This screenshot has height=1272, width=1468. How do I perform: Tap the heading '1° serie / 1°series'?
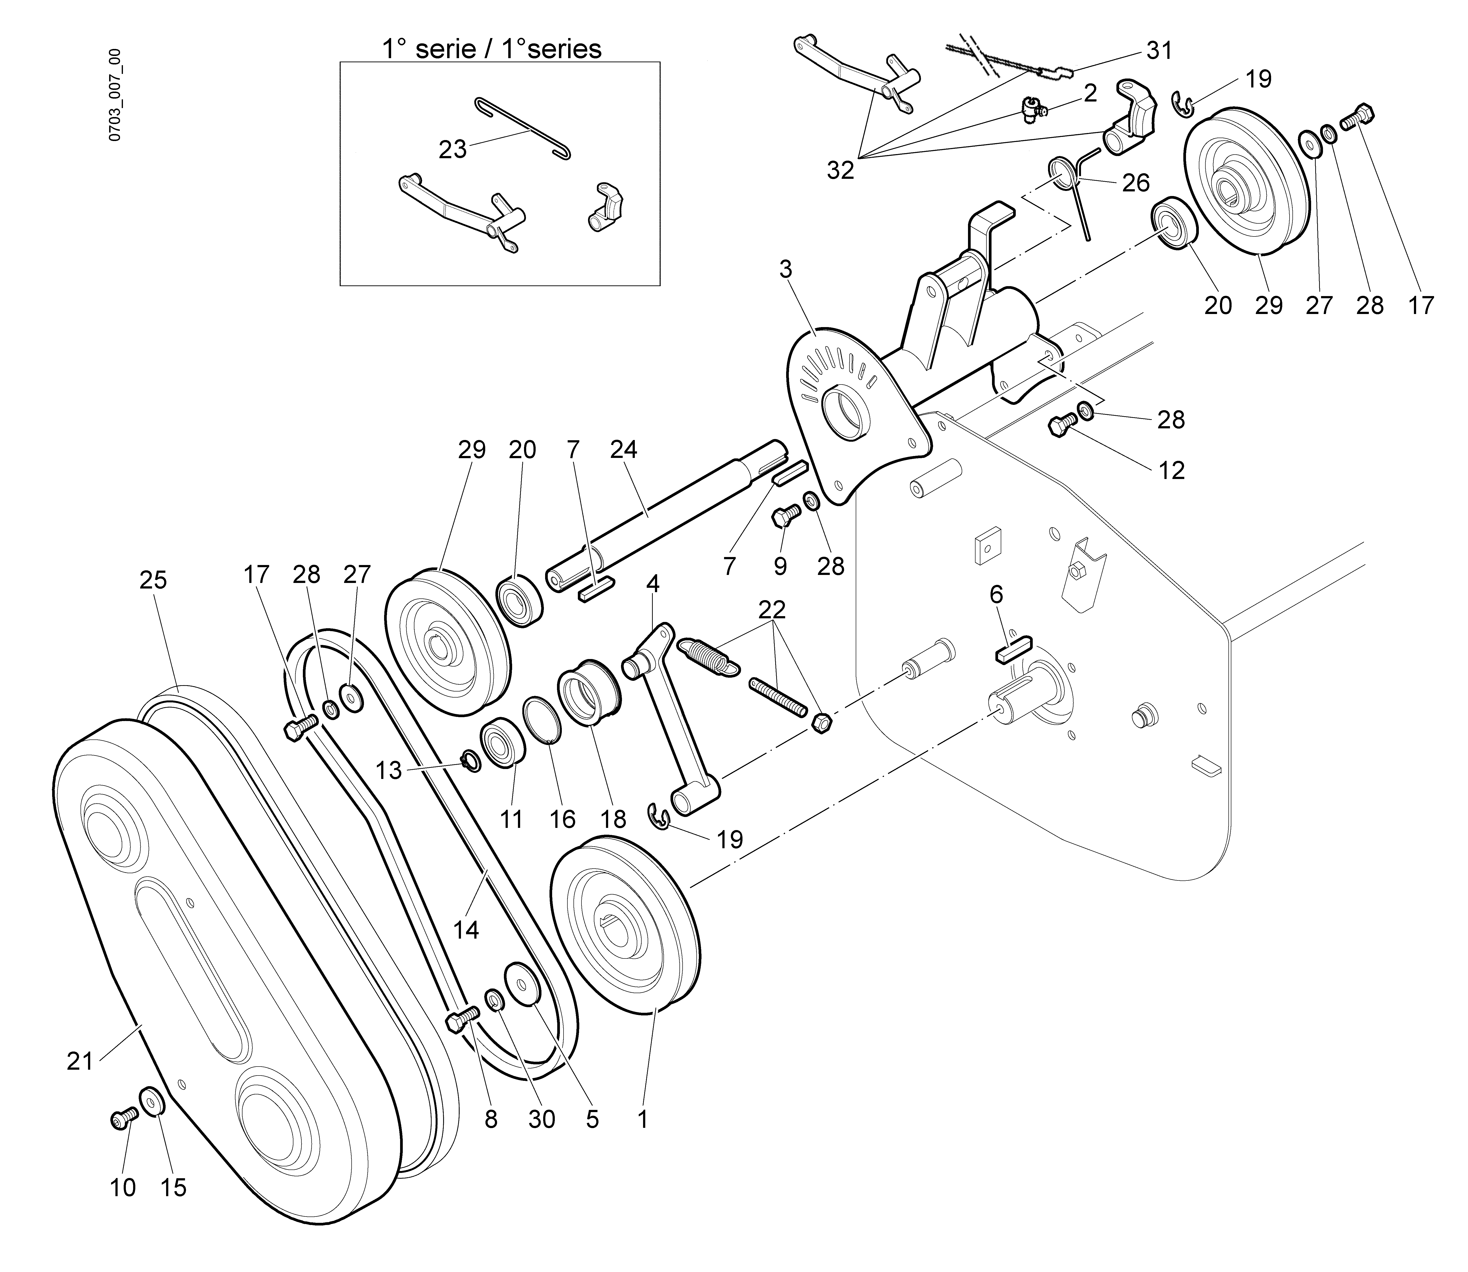(x=492, y=48)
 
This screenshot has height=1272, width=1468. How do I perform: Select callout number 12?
(x=1171, y=471)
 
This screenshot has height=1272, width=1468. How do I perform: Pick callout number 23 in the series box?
(x=452, y=149)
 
